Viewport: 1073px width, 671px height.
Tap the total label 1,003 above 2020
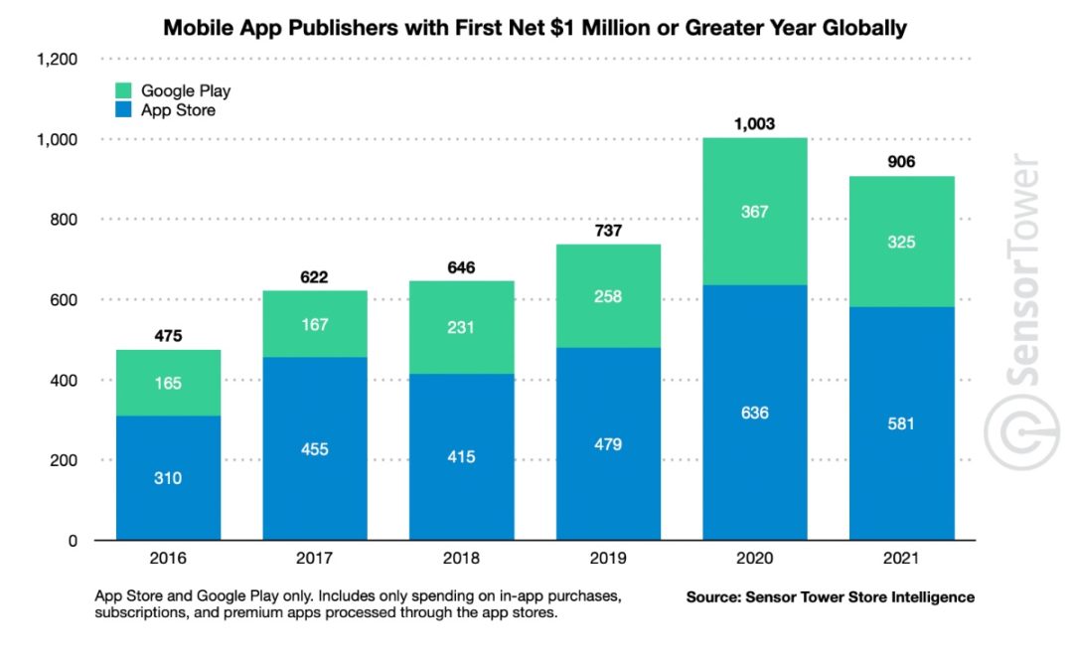(754, 124)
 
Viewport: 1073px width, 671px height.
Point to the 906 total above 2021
(901, 162)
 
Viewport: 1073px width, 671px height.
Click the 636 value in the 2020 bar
(754, 413)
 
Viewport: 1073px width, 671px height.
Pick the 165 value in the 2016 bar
(168, 383)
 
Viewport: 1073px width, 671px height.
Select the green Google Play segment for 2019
(608, 296)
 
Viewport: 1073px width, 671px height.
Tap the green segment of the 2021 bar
(901, 242)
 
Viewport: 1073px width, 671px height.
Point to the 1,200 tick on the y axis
(57, 60)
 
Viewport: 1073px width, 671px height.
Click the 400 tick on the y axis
(65, 381)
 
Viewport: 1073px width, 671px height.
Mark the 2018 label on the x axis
(461, 561)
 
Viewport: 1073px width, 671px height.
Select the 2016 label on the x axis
(168, 561)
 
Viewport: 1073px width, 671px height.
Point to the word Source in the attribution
(713, 597)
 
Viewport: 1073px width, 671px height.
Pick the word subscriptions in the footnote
(146, 613)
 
